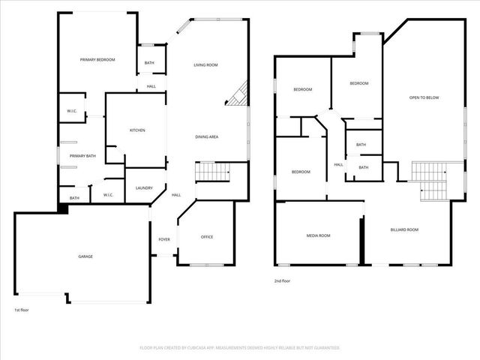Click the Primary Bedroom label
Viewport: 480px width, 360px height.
point(97,59)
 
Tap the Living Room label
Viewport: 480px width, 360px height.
point(205,65)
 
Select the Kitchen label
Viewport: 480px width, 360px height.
point(137,130)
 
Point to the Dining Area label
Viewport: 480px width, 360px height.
point(207,136)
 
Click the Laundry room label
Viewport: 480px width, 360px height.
point(145,187)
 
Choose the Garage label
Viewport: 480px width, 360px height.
point(85,256)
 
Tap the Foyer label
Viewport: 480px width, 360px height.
point(163,239)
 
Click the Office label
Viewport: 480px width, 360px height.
point(207,237)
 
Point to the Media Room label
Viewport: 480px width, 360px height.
point(318,235)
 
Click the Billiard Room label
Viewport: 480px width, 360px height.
point(404,229)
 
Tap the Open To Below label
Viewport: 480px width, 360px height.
point(424,97)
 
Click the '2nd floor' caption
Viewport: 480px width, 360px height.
point(283,280)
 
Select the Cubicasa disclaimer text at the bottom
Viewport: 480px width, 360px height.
point(240,348)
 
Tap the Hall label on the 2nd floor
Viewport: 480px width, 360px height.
point(338,165)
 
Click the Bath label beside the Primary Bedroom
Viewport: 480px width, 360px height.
point(149,63)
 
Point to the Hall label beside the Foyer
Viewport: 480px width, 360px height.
point(176,195)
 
